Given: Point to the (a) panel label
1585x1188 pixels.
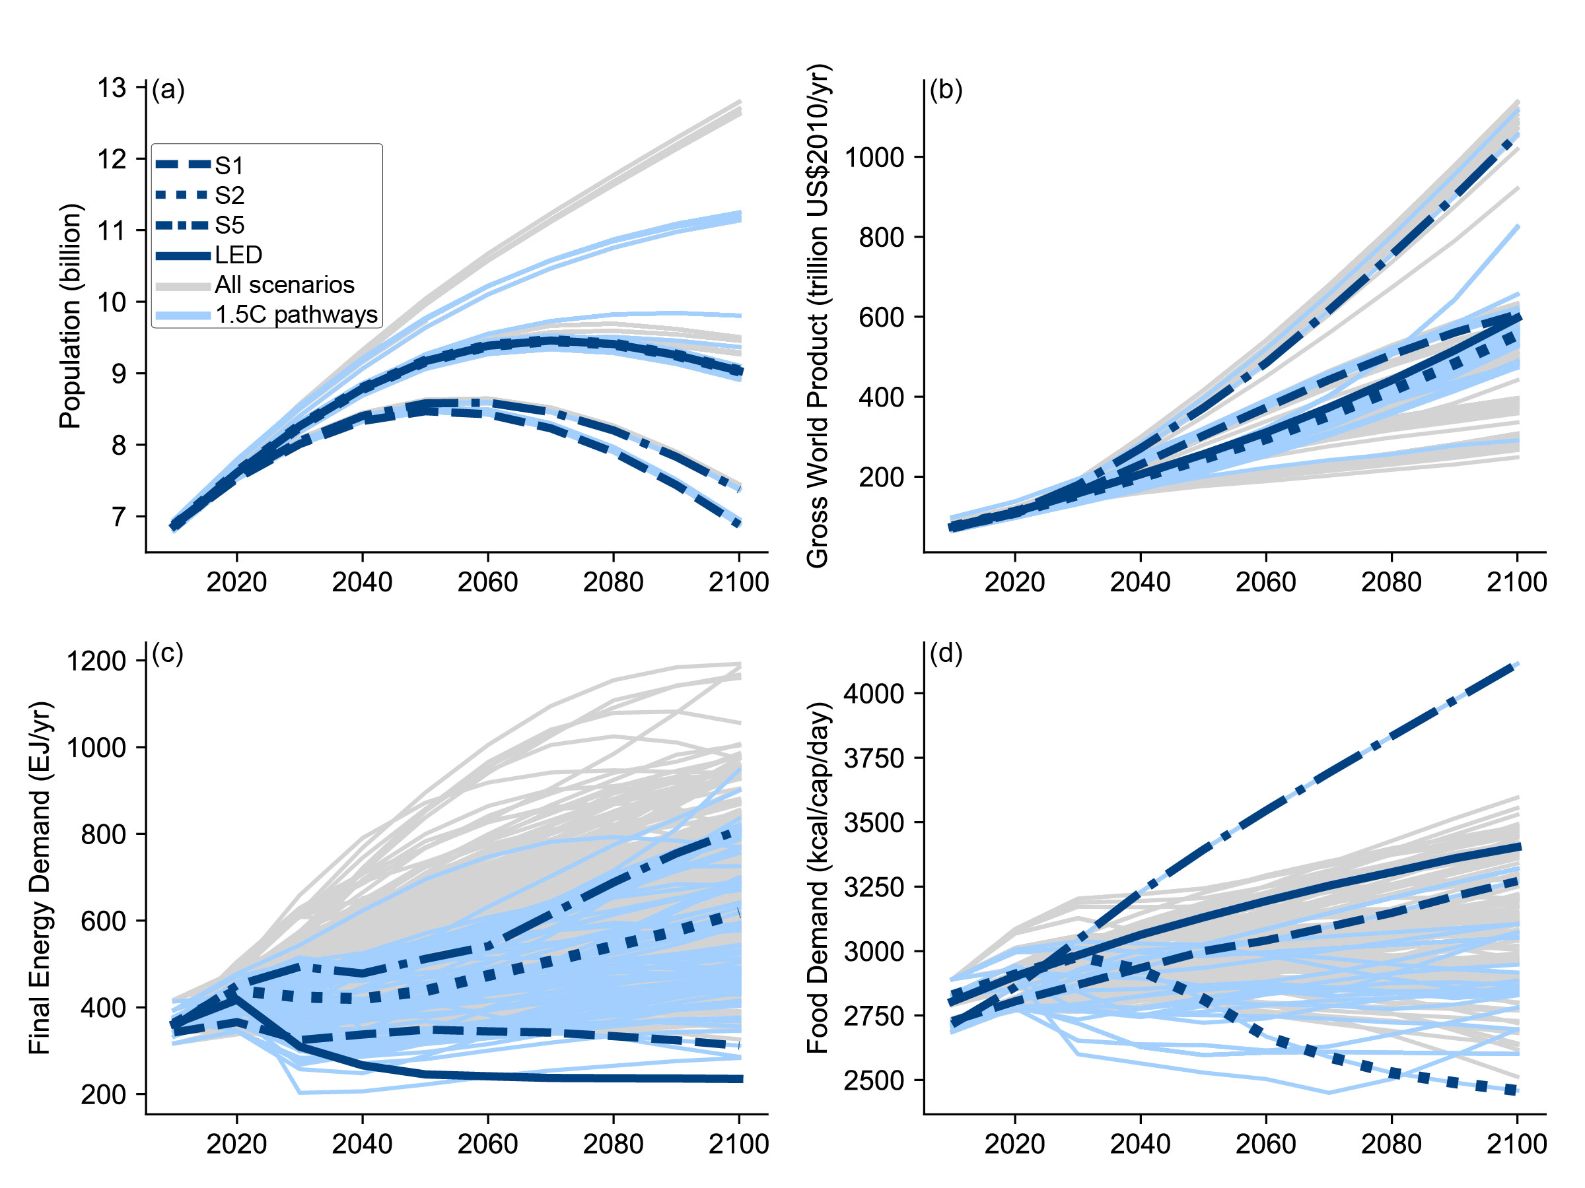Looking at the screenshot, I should pos(168,90).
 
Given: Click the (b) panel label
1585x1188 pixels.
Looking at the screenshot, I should pos(946,90).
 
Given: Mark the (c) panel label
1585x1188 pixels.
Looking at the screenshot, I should pos(168,653).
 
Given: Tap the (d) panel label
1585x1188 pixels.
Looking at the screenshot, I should pos(946,653).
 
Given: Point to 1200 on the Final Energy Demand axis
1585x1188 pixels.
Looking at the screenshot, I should pos(96,661).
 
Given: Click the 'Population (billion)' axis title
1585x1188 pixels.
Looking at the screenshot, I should pos(70,315).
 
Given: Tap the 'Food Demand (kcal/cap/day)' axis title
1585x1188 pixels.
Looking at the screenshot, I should pos(818,877).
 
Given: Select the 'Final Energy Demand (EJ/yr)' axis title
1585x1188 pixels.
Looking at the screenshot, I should pos(40,877).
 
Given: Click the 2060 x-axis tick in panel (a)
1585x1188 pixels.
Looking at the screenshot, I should pos(487,582).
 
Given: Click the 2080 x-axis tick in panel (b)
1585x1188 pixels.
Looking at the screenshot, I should pos(1391,582).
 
